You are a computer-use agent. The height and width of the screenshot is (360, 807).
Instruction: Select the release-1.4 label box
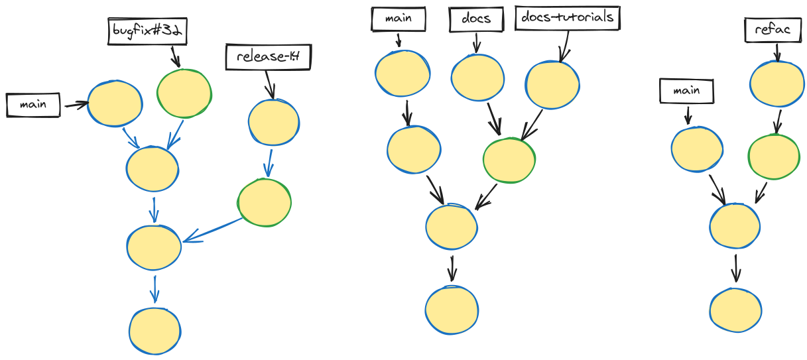(x=268, y=57)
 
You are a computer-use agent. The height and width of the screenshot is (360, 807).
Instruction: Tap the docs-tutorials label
(x=567, y=18)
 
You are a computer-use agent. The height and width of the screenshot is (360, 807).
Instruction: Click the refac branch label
(x=773, y=30)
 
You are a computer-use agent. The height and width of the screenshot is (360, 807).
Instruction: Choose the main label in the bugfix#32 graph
(x=32, y=105)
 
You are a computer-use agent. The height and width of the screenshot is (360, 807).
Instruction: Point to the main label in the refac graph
(x=686, y=91)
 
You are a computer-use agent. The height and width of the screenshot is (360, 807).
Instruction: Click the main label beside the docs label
(x=398, y=19)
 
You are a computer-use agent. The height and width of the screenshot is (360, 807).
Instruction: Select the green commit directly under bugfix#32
(x=184, y=93)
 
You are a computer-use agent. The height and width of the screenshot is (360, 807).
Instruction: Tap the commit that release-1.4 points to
(x=273, y=123)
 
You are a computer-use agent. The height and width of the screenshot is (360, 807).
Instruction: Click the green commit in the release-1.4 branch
(x=264, y=202)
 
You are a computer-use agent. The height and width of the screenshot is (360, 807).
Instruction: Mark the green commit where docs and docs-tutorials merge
(x=509, y=160)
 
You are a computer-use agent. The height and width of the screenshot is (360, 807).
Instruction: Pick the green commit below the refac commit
(x=773, y=156)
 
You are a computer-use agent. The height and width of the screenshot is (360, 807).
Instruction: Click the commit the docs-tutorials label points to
(x=552, y=85)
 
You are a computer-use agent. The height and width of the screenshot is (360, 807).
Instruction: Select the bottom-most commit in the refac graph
(x=734, y=310)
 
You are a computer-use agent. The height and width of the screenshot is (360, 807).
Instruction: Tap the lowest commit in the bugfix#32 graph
(x=155, y=330)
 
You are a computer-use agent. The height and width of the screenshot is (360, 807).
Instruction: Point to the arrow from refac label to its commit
(x=777, y=51)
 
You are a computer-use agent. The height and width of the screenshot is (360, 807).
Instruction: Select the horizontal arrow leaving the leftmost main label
(x=76, y=104)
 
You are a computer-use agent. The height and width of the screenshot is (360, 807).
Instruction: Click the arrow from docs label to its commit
(x=475, y=42)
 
